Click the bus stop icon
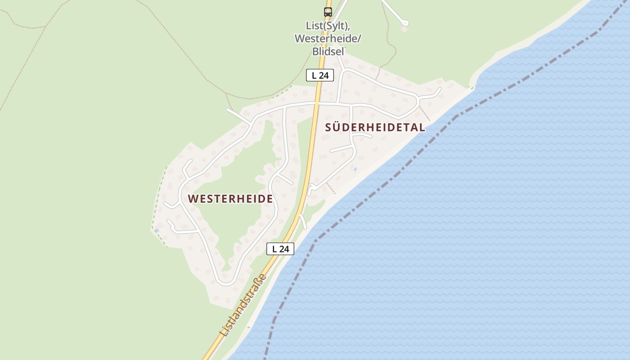click(328, 12)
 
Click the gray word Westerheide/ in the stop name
click(328, 39)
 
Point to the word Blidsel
click(328, 51)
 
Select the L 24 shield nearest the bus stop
click(320, 75)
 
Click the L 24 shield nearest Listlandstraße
click(280, 249)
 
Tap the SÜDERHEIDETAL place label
click(375, 127)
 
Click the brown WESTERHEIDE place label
click(230, 198)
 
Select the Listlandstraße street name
click(243, 305)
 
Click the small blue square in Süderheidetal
click(355, 169)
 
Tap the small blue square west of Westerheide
click(157, 230)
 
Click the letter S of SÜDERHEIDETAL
click(328, 127)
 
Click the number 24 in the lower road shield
click(283, 249)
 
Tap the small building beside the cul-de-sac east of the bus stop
click(404, 29)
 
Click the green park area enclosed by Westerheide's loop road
click(243, 180)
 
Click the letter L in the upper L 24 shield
click(314, 75)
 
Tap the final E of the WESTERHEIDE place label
click(270, 198)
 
